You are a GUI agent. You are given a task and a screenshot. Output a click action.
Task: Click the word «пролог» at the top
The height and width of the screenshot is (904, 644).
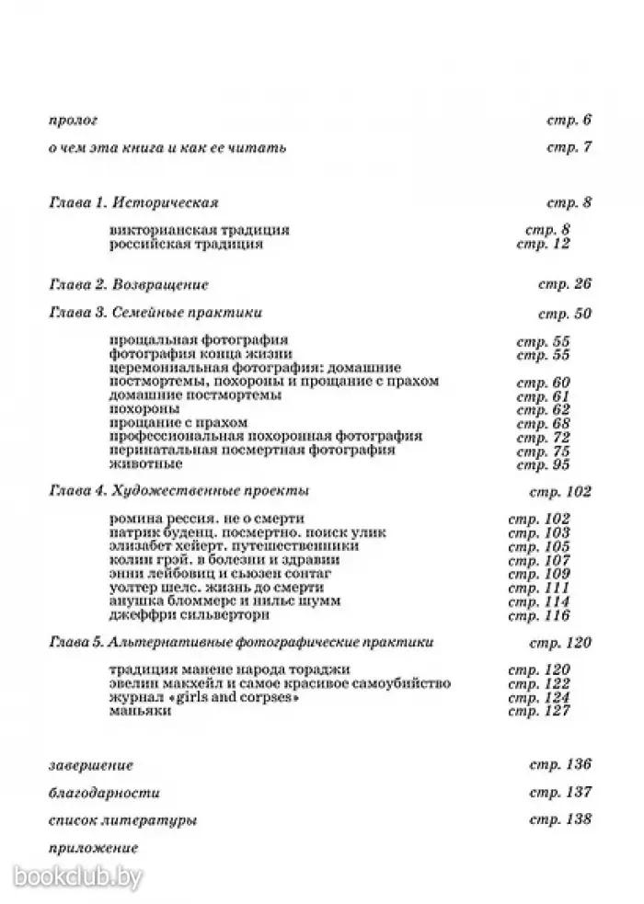click(x=72, y=120)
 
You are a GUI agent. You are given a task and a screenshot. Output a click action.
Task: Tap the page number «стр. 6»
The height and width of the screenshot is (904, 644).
click(x=568, y=120)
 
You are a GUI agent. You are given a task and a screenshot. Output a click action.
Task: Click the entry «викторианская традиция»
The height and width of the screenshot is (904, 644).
click(x=199, y=230)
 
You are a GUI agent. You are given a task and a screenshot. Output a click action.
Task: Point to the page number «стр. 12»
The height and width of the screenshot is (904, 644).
click(x=544, y=244)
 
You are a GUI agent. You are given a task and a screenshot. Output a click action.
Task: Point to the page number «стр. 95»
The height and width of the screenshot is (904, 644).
click(x=544, y=463)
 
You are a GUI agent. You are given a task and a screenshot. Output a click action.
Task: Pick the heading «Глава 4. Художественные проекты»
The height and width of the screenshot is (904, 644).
click(x=177, y=491)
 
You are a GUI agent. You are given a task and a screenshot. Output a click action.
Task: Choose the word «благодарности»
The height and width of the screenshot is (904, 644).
click(x=102, y=792)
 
